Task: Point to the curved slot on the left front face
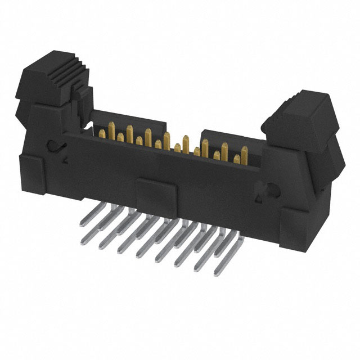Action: coord(57,147)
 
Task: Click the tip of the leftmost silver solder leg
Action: coord(84,241)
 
